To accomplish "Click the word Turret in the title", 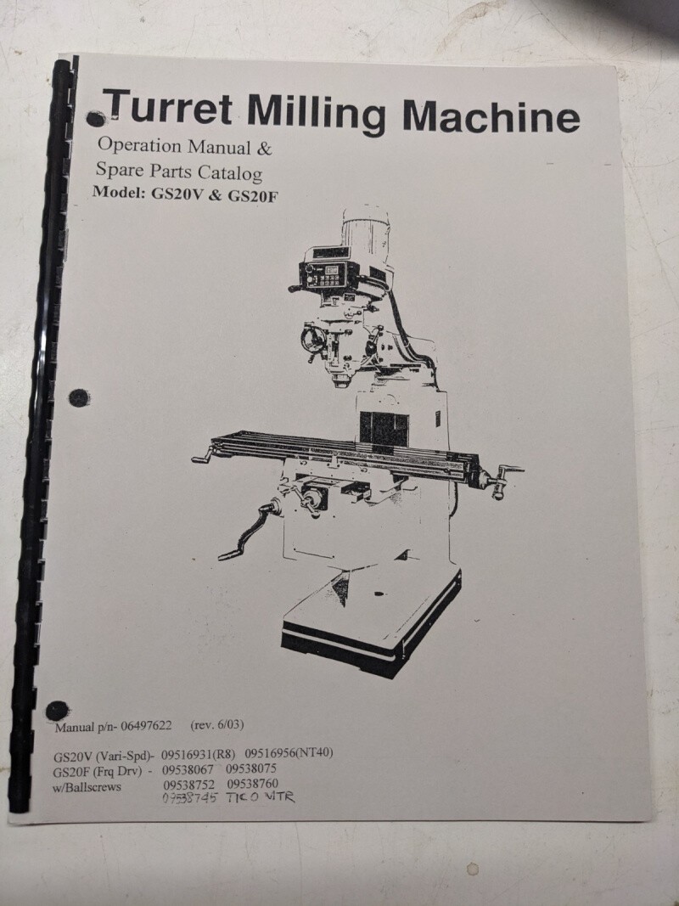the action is pyautogui.click(x=169, y=108).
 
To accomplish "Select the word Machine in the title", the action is pyautogui.click(x=491, y=115).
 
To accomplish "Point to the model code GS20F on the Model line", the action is pyautogui.click(x=254, y=196).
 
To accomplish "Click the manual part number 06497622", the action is pyautogui.click(x=146, y=726).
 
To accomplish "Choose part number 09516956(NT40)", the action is pyautogui.click(x=289, y=753).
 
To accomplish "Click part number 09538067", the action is pyautogui.click(x=188, y=769).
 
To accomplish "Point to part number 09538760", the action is pyautogui.click(x=252, y=784).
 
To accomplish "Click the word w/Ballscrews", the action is pyautogui.click(x=87, y=787).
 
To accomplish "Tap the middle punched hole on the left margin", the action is pyautogui.click(x=79, y=397).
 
